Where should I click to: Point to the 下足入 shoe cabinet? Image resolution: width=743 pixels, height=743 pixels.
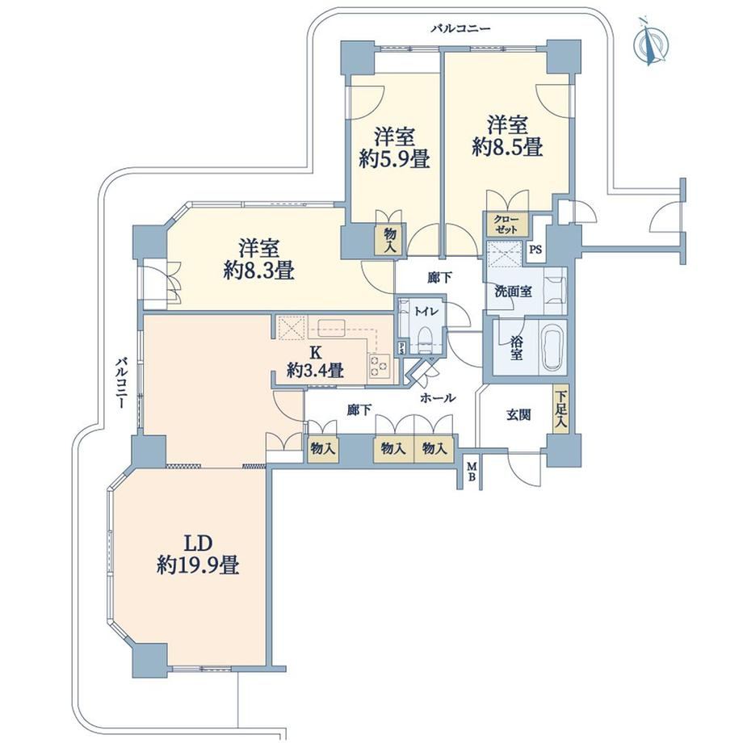(560, 409)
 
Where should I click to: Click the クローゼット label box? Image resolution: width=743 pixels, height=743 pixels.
(506, 225)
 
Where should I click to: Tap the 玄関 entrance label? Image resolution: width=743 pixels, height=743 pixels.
(518, 415)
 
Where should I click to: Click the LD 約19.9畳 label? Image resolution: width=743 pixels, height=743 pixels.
(198, 554)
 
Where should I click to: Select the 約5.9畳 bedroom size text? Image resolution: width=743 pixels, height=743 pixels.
(395, 160)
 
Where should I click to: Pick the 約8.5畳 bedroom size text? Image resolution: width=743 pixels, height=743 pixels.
(507, 147)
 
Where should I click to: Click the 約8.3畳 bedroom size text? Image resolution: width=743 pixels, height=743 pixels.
(259, 271)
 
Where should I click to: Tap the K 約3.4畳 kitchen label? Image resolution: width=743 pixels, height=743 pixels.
(315, 362)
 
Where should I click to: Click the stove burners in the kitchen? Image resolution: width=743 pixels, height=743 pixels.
(379, 366)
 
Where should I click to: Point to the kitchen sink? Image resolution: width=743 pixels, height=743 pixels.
(332, 327)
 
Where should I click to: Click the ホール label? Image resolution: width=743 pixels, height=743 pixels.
(438, 398)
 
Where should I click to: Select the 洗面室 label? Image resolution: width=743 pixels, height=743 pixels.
(513, 292)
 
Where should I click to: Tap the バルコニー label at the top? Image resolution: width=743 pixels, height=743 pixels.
(460, 29)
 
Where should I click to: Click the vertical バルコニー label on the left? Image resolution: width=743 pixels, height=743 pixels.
(121, 384)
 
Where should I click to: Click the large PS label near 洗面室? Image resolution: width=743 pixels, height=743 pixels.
(535, 250)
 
